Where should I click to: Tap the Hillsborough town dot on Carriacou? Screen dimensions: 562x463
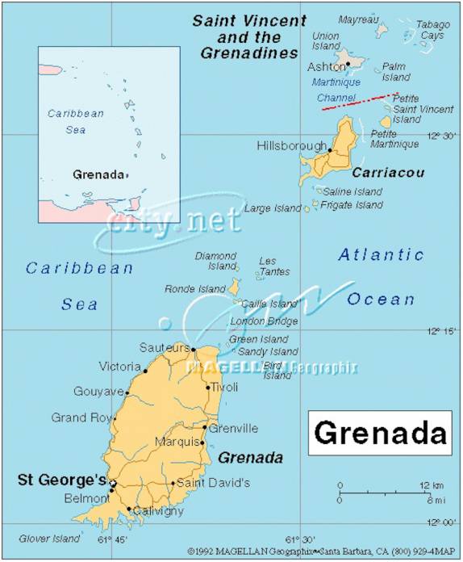click(330, 150)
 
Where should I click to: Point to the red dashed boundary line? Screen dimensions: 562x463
click(358, 102)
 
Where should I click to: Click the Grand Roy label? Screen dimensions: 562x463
click(81, 417)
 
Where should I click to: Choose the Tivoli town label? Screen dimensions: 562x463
click(225, 387)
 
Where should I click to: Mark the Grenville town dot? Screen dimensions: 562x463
click(205, 428)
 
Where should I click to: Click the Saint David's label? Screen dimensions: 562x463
click(213, 483)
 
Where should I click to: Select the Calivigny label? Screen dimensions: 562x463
click(158, 511)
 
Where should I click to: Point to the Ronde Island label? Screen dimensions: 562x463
click(194, 288)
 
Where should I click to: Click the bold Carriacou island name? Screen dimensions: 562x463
click(387, 173)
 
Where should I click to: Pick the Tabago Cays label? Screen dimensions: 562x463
click(433, 30)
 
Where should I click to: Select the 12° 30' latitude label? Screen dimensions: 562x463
click(442, 136)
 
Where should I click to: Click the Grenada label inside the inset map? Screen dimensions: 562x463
click(98, 174)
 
